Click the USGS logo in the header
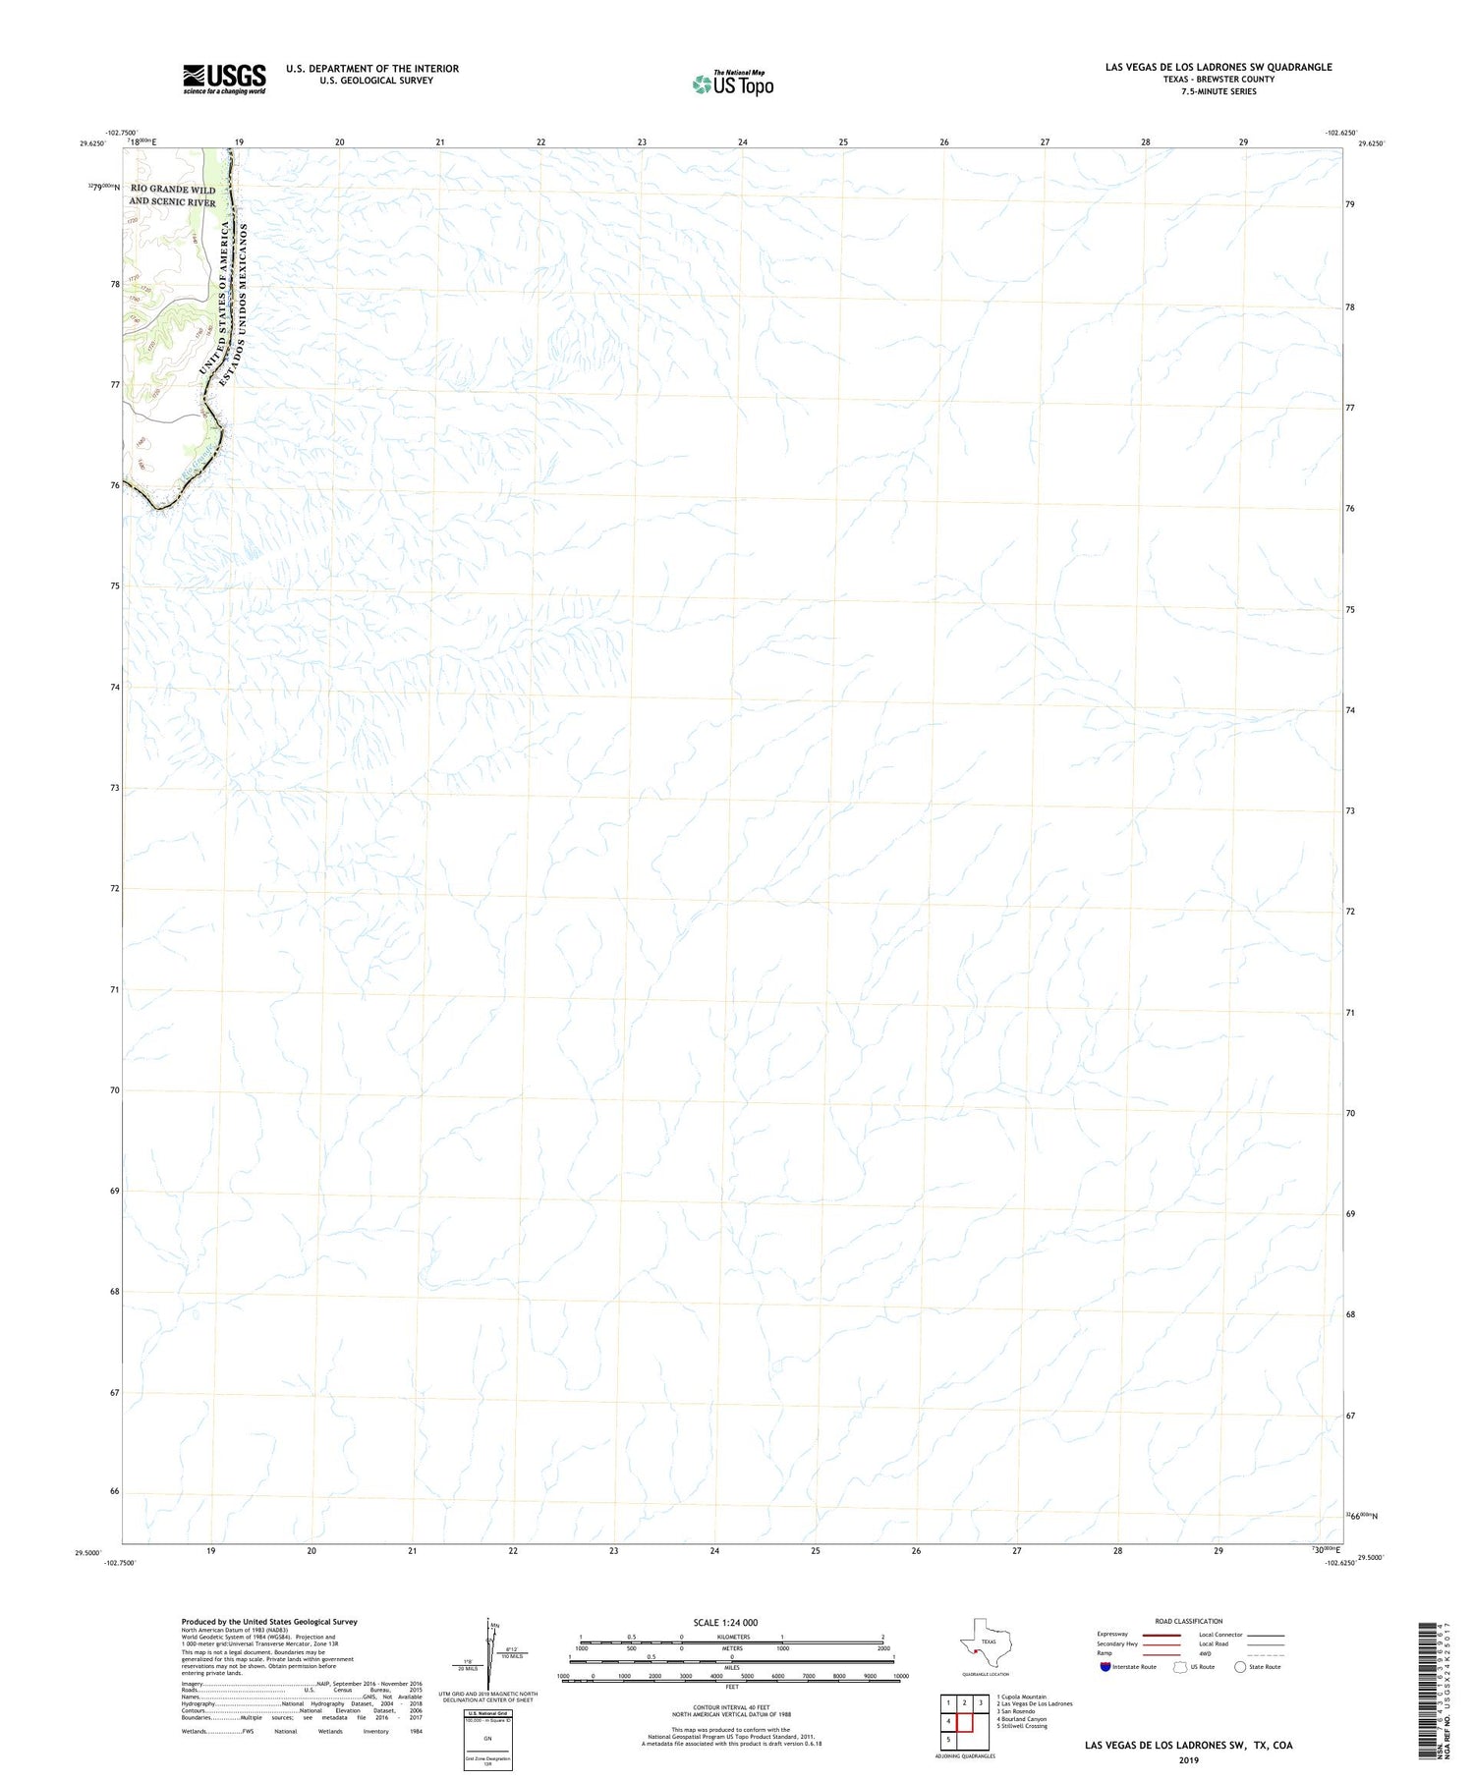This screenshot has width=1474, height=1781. (x=224, y=79)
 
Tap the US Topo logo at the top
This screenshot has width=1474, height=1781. (x=733, y=84)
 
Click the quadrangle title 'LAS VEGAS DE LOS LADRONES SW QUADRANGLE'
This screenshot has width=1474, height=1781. (x=1219, y=67)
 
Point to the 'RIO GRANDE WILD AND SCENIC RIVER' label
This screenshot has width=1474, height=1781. (x=172, y=195)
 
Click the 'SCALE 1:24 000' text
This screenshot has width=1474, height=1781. (x=725, y=1622)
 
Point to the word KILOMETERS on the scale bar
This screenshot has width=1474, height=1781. (x=733, y=1637)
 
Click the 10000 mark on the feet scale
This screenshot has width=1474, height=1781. (x=899, y=1676)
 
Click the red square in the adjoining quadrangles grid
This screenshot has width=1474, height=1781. (x=964, y=1721)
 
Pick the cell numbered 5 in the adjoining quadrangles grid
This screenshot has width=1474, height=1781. (x=948, y=1739)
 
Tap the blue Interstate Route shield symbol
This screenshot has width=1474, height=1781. (x=1105, y=1667)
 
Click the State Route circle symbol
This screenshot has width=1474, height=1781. (x=1240, y=1667)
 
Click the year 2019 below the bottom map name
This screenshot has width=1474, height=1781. (x=1188, y=1760)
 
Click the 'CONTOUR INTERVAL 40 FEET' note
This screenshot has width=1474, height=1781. (x=731, y=1707)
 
